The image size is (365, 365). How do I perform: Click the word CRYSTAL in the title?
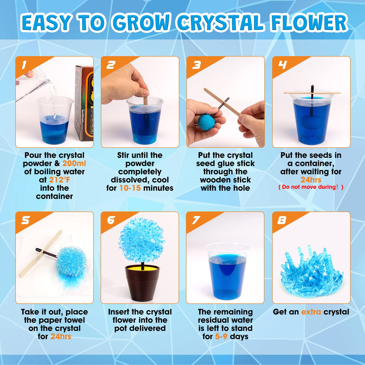point(221,23)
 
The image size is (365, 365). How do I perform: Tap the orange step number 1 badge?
point(24,65)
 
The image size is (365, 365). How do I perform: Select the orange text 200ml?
point(74,164)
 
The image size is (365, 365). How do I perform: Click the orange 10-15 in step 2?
point(130,188)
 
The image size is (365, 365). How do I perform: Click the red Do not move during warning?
point(311,187)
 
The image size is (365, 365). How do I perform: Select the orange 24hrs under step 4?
point(311,180)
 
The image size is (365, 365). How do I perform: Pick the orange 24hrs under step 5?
point(61,336)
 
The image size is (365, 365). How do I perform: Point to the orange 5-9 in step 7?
point(221,336)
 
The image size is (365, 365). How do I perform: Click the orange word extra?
point(311,312)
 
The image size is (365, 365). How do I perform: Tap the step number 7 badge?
point(196,220)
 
